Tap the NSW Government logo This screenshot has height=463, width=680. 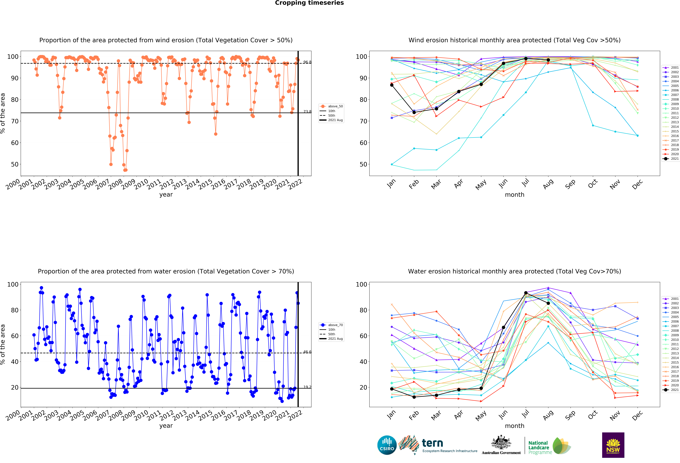[x=613, y=445]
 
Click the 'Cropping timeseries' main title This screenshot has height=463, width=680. [x=309, y=3]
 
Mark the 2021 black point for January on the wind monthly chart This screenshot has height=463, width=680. [x=392, y=85]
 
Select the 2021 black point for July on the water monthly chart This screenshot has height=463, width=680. [x=526, y=293]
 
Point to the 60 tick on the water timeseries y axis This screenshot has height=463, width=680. [x=15, y=336]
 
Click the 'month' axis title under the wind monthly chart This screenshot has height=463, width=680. [x=514, y=195]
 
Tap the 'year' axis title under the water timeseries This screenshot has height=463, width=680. [x=166, y=426]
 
